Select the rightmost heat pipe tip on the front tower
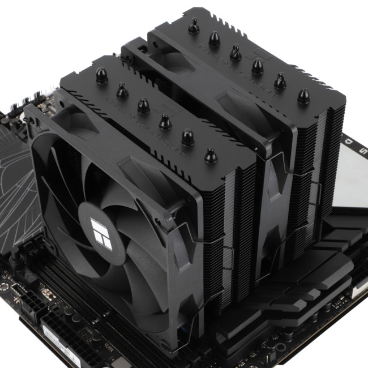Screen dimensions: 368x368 click(x=211, y=155)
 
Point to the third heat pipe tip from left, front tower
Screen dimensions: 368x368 click(x=143, y=105)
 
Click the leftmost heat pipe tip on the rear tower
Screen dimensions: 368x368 click(x=194, y=25)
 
